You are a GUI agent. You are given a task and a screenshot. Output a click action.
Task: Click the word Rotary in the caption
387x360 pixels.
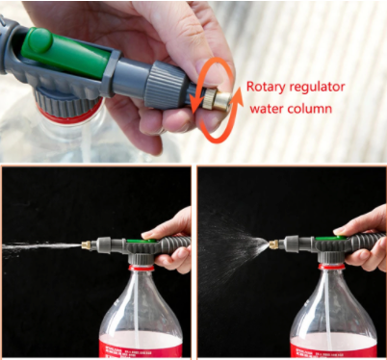[266, 87]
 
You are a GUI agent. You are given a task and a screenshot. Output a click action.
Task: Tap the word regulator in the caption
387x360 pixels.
[318, 88]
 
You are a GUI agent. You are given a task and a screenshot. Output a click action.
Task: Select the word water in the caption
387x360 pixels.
[267, 109]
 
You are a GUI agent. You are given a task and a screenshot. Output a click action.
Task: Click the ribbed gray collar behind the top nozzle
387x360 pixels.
[166, 84]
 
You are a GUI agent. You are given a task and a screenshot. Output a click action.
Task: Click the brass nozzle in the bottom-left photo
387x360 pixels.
[86, 245]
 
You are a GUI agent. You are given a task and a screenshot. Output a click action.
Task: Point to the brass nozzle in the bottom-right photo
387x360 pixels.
[273, 244]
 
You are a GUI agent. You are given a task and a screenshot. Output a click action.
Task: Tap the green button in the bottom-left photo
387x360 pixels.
[142, 241]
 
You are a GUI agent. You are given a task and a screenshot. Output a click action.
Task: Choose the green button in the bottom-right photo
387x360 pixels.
[330, 239]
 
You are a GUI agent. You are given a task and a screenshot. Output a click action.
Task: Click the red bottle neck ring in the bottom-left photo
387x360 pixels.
[142, 268]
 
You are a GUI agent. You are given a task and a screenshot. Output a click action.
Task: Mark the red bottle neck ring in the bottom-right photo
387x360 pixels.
[331, 267]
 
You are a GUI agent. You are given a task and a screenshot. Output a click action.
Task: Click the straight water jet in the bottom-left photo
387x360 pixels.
[41, 247]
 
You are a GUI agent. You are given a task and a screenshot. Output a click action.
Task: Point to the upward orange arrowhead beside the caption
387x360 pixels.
[238, 95]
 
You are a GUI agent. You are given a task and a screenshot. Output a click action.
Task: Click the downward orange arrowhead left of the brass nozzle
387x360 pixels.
[196, 104]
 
